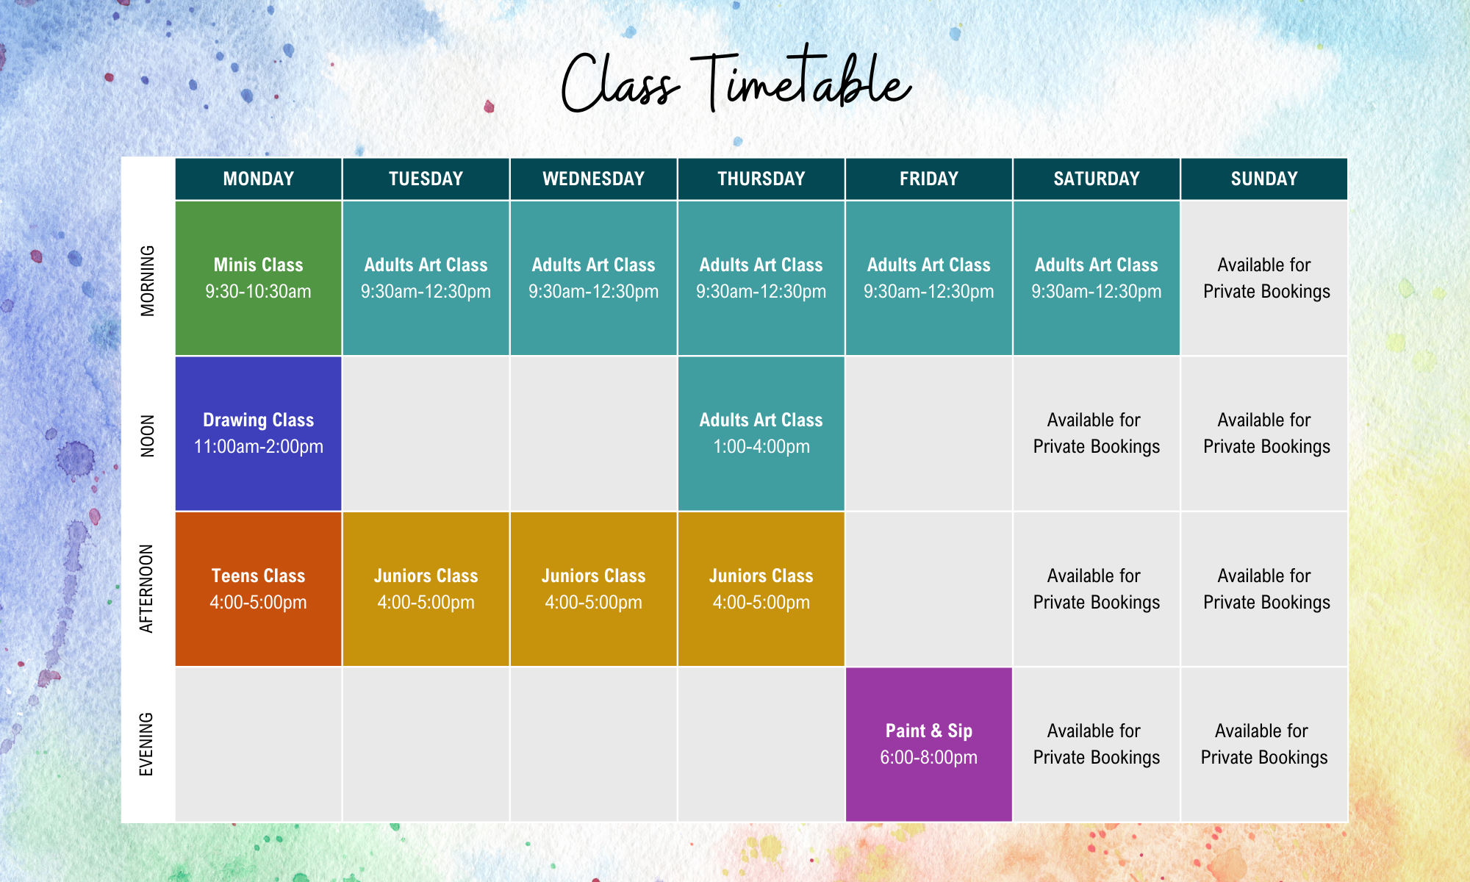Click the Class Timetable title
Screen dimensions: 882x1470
(735, 82)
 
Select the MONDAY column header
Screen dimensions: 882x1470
(258, 179)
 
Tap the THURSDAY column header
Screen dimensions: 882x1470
(761, 179)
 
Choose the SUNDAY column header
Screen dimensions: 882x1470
(1263, 179)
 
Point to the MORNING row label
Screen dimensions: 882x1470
(148, 280)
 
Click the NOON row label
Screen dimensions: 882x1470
(148, 435)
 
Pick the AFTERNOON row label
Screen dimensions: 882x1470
(148, 589)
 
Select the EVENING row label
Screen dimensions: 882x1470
(148, 744)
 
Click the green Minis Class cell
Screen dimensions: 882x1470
(258, 278)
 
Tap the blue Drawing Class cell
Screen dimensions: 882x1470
(258, 434)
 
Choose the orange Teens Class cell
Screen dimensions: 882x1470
(258, 589)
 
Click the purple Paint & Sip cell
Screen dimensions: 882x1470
(928, 744)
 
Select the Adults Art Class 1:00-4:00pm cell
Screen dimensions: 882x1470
(761, 434)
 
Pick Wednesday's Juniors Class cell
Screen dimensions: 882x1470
(593, 589)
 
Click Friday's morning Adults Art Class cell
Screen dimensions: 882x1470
(928, 278)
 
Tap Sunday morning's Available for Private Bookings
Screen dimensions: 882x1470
(1265, 278)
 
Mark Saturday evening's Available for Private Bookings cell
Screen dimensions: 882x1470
(1096, 744)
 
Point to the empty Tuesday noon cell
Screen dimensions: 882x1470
(426, 434)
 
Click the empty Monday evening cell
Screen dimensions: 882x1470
(258, 744)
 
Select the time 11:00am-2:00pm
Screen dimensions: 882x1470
(258, 447)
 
